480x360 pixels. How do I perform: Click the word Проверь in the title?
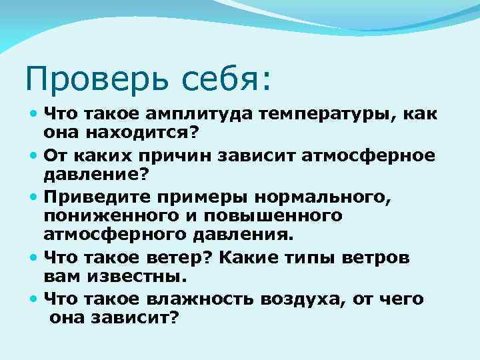point(90,79)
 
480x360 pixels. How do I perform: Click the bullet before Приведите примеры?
point(34,198)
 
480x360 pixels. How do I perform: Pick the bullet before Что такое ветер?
point(34,259)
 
